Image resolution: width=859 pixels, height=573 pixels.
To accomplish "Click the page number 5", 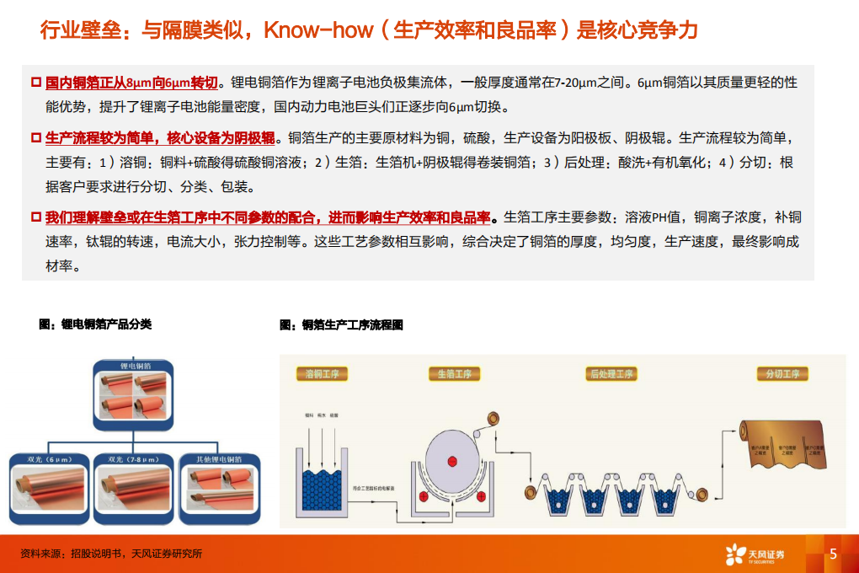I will [x=833, y=554].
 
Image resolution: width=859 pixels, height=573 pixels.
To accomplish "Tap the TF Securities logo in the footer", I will [x=755, y=554].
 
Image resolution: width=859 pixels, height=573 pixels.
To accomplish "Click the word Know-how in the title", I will [x=318, y=31].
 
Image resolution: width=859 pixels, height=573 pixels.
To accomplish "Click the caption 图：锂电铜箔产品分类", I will [x=95, y=324].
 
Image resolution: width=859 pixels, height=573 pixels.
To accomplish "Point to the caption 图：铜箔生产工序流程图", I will [x=341, y=324].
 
